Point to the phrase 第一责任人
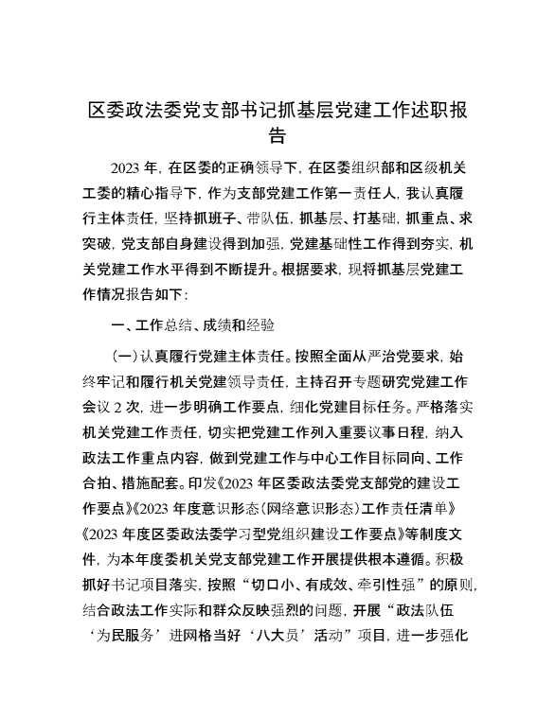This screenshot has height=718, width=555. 342,195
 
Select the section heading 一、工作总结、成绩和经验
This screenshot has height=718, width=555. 193,325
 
